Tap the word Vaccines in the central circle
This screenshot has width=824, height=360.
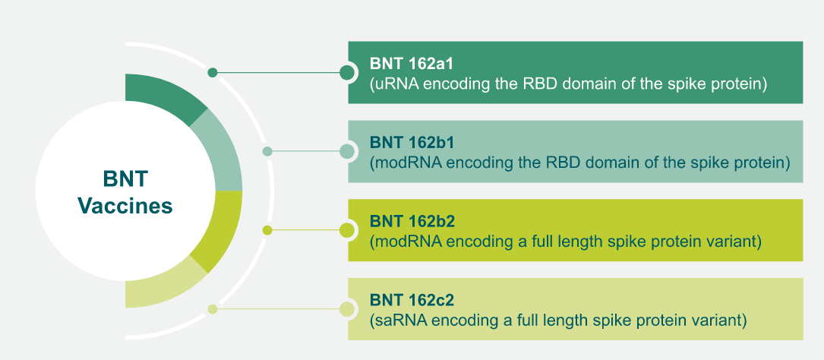pos(125,206)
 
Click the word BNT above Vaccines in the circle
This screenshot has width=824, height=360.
pos(125,180)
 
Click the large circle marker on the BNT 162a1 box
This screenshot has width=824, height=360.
pos(348,73)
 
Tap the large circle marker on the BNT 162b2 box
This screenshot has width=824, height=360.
pos(348,230)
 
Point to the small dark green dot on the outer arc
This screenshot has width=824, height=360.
pos(213,73)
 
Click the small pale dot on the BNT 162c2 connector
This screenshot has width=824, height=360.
pos(213,309)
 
